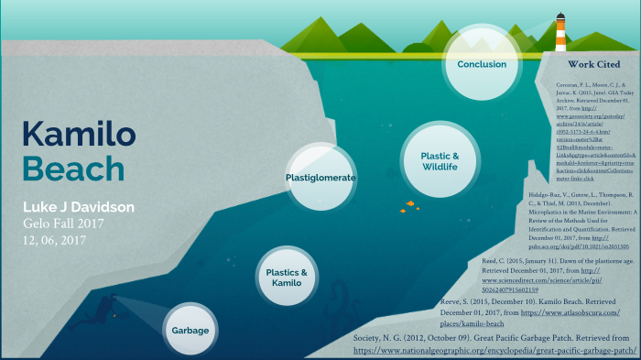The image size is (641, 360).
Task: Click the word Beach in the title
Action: click(73, 169)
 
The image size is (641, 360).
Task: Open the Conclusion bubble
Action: click(482, 64)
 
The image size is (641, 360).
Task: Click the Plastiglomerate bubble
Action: click(320, 177)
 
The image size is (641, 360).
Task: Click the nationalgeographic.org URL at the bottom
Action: click(494, 350)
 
